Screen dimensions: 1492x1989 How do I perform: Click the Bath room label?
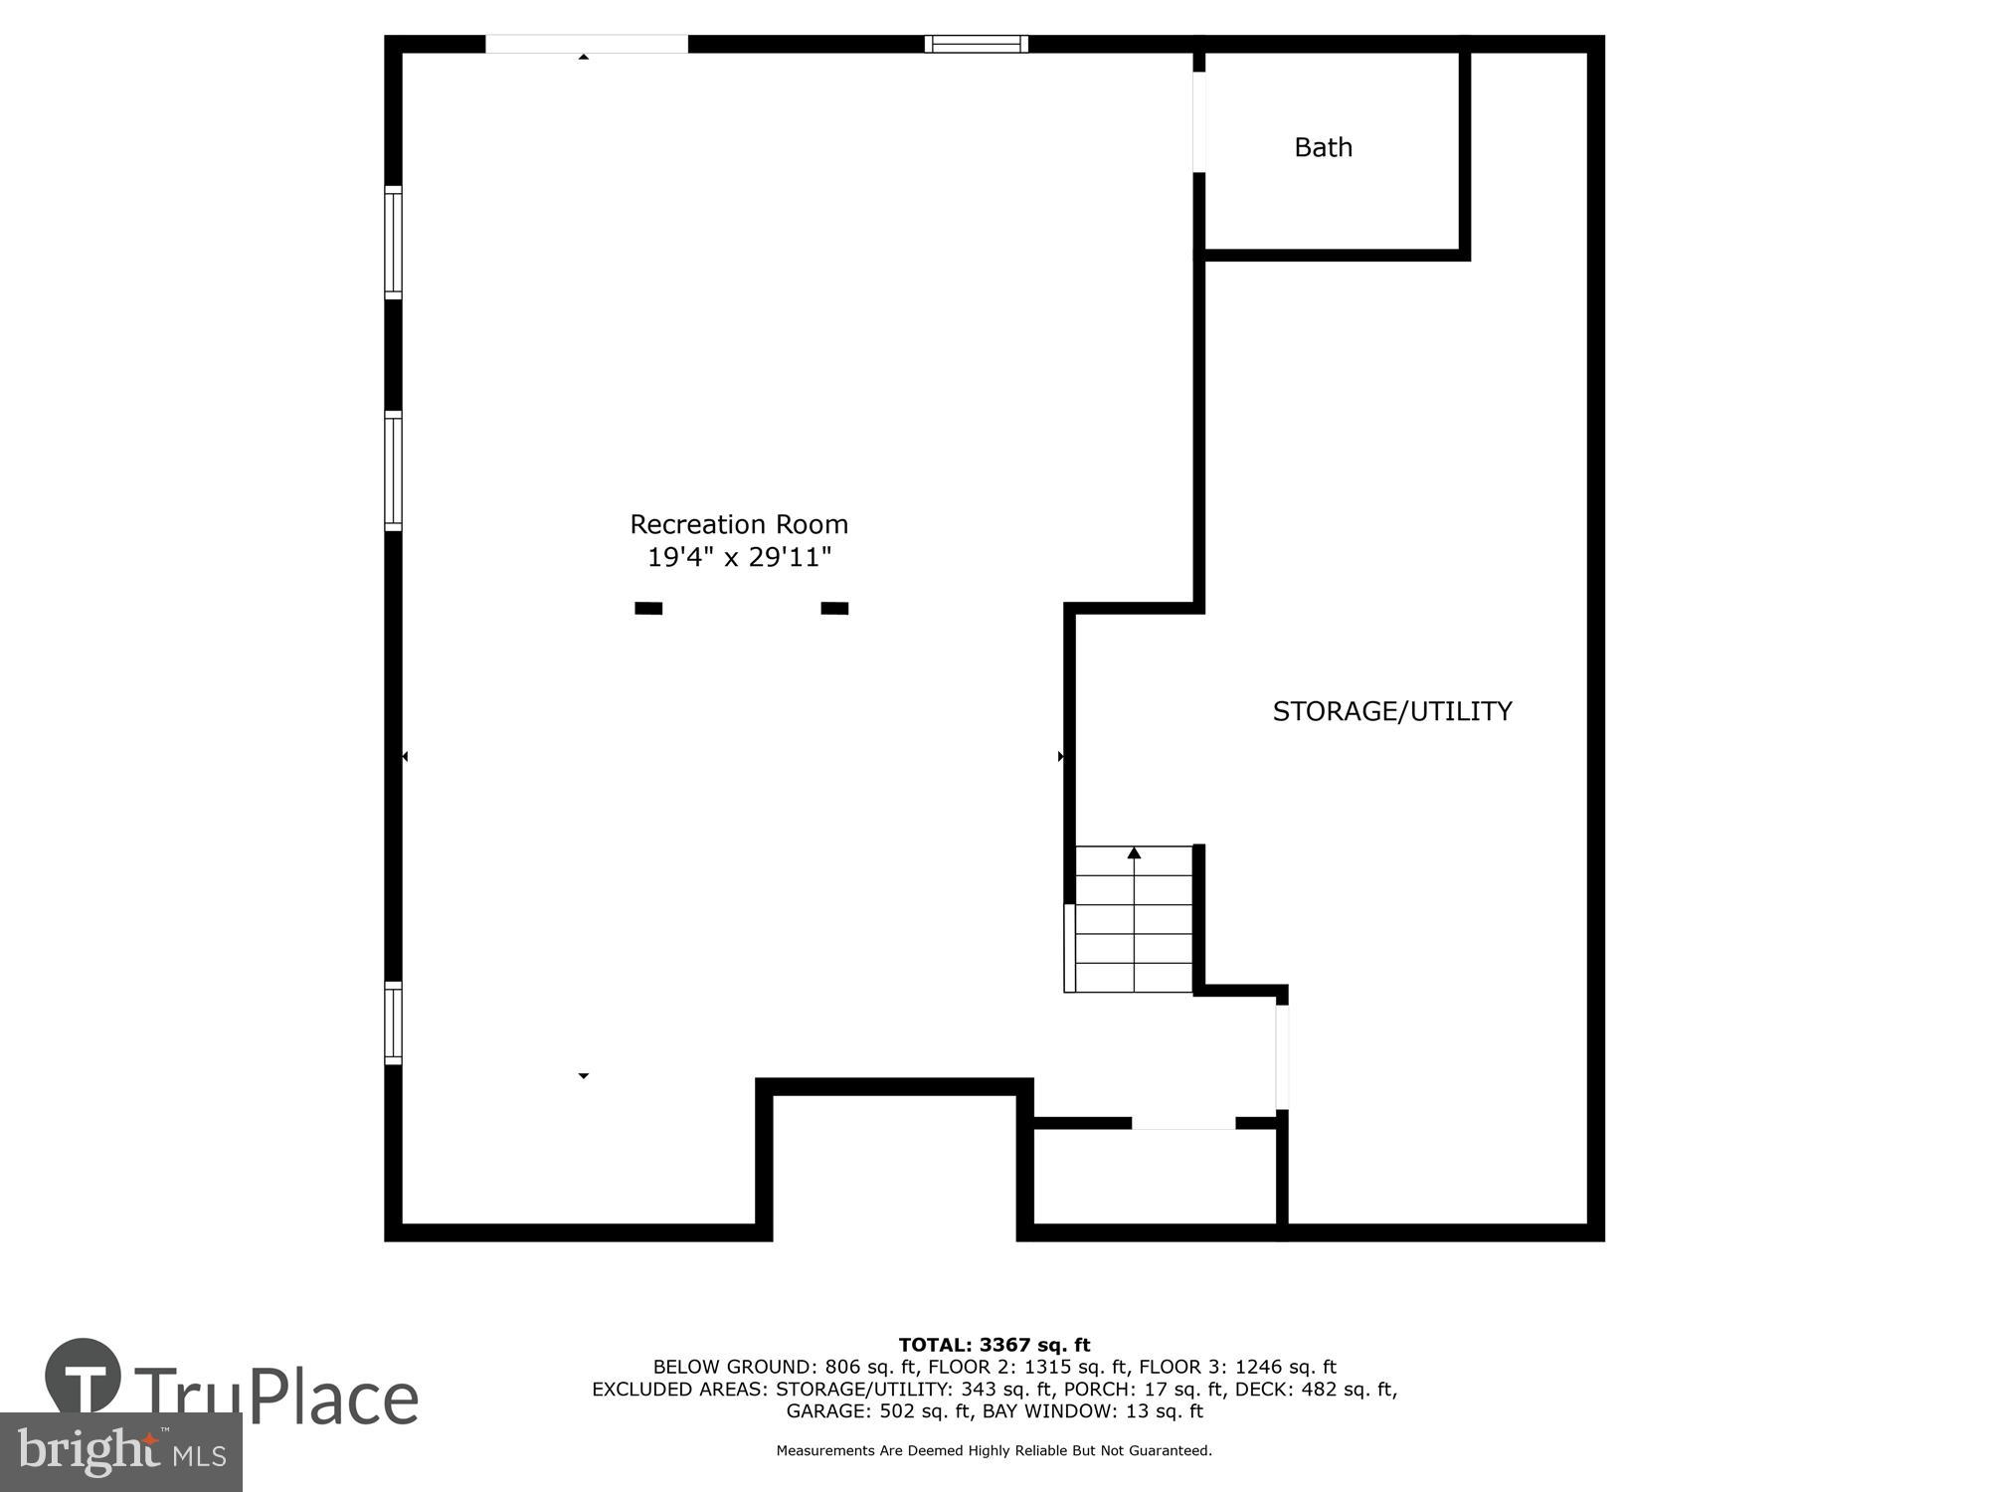[x=1323, y=147]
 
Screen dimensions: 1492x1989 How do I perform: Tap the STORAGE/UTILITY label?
[x=1391, y=711]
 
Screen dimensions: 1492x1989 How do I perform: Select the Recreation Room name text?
[x=738, y=524]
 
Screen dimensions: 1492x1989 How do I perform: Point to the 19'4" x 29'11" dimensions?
[x=738, y=557]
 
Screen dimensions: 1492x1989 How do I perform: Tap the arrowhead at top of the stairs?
[x=1134, y=852]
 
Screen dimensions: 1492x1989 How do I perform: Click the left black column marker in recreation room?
[x=648, y=608]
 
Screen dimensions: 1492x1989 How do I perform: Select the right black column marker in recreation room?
[x=834, y=608]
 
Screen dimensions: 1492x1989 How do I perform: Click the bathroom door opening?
[x=1199, y=121]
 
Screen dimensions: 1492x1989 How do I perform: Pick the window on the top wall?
[x=976, y=43]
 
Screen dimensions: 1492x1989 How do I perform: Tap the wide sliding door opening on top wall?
[x=586, y=44]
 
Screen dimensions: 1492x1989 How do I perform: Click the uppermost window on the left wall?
[x=393, y=242]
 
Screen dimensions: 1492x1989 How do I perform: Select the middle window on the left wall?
[x=393, y=470]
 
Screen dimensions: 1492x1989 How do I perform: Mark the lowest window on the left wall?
[x=393, y=1023]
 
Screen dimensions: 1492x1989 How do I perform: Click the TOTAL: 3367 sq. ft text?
[x=994, y=1346]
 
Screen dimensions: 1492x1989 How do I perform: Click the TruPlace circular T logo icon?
[x=84, y=1377]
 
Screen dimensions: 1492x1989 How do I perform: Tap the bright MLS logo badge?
[x=120, y=1451]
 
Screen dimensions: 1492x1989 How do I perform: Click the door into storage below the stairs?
[x=1282, y=1056]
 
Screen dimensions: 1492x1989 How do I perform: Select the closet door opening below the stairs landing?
[x=1182, y=1123]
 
